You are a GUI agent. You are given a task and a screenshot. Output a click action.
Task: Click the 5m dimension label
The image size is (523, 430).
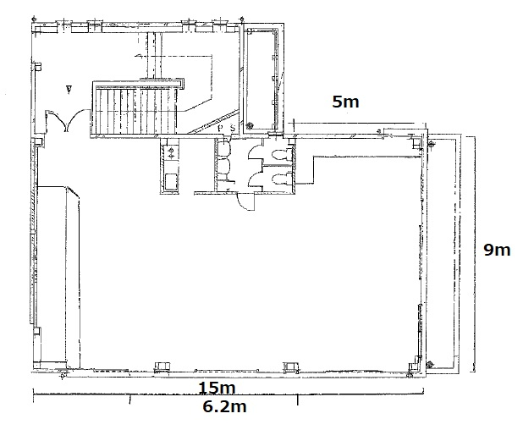point(345,101)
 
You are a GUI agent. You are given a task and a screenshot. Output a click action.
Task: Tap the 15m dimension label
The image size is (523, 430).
point(217,388)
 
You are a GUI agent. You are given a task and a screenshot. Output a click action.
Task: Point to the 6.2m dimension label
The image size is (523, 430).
point(225,406)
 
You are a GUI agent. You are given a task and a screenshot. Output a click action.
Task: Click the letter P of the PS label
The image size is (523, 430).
point(221,128)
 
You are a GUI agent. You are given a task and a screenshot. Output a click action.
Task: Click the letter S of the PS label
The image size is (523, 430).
point(233,128)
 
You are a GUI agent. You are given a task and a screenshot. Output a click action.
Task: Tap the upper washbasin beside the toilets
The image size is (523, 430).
point(223,148)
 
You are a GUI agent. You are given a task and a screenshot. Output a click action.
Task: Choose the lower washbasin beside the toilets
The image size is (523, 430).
point(223,166)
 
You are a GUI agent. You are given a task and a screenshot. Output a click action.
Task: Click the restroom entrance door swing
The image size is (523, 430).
point(245,202)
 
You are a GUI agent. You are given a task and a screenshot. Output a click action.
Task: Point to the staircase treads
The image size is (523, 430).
point(135,110)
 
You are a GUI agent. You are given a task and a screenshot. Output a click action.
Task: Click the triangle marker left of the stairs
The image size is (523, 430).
point(69,90)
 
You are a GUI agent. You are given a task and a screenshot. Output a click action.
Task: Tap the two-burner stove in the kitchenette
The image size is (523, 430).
point(171,152)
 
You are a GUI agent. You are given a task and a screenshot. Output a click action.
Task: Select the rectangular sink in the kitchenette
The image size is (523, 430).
point(170,181)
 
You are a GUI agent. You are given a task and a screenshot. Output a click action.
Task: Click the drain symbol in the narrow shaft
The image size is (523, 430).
point(249,126)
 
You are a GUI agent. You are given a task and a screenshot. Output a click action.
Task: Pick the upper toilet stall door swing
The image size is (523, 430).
point(256,153)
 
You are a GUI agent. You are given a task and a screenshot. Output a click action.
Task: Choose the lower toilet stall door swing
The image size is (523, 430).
point(256,178)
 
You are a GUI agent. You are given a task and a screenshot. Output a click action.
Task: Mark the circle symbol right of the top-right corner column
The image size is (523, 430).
point(431,145)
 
